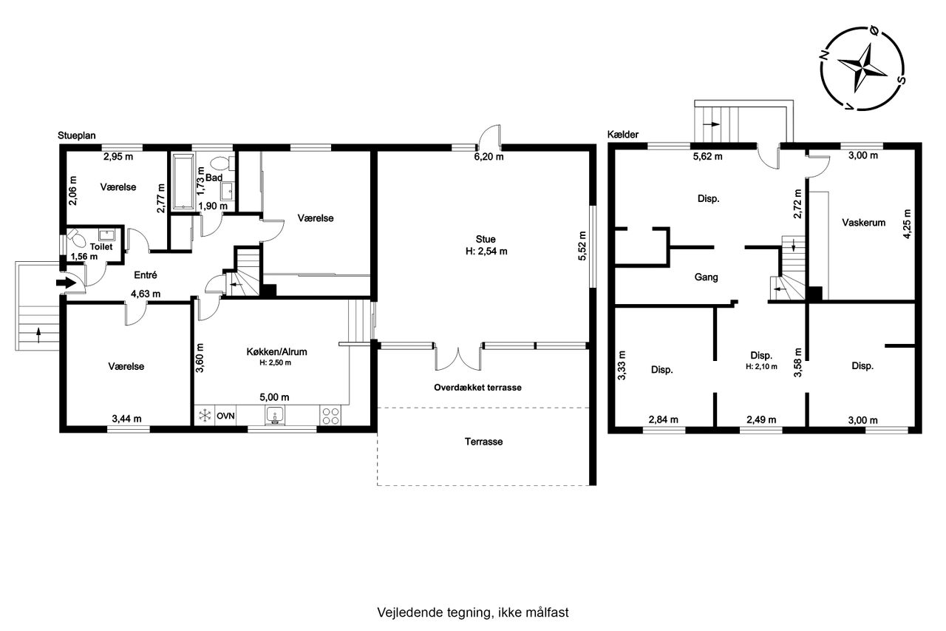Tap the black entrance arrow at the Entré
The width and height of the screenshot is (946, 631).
tap(66, 283)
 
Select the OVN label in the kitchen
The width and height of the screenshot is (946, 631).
tap(225, 416)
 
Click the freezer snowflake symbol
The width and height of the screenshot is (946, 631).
tap(205, 416)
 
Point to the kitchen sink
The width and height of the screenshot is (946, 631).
tap(275, 416)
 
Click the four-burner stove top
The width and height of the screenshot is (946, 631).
tap(330, 416)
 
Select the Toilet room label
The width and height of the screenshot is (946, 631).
tap(101, 246)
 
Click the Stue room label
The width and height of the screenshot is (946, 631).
tap(486, 239)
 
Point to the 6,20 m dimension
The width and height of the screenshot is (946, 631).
tap(489, 157)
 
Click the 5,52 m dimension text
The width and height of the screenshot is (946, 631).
tap(582, 246)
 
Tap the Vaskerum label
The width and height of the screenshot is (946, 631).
tap(864, 223)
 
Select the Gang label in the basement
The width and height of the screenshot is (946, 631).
tap(706, 277)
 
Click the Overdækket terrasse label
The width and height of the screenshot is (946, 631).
tap(477, 388)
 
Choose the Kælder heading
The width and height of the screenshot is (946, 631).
tap(623, 135)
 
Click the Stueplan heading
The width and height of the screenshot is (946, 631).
tap(76, 135)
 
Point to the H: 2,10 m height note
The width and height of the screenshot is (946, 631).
tap(761, 367)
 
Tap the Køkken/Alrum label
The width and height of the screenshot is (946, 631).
tap(276, 351)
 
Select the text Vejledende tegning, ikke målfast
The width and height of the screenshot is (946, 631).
tap(473, 613)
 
